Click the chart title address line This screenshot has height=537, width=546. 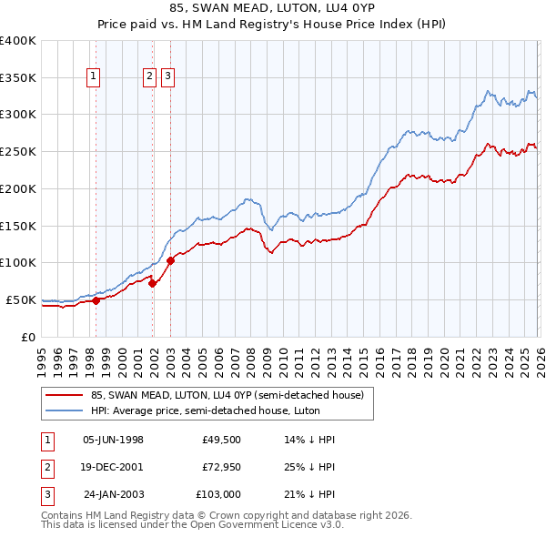point(272,9)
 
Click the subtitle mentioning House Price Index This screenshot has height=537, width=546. point(272,25)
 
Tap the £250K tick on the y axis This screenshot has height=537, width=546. point(17,151)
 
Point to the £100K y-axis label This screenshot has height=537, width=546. point(17,262)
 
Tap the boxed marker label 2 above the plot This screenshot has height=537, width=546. point(149,77)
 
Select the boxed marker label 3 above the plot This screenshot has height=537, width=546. point(169,77)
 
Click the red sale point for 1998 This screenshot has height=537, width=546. point(96,300)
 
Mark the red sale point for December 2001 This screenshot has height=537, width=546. point(153,283)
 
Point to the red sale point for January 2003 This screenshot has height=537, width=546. point(170,260)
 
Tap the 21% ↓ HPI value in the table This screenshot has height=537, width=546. point(309,494)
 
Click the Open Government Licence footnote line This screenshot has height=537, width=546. point(192,525)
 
